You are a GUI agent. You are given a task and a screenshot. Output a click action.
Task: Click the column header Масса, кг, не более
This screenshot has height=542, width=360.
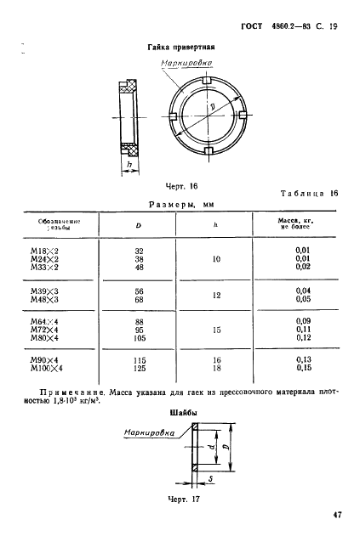(x=296, y=224)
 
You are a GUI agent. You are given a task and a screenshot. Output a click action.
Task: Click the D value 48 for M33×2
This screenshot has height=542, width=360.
(x=139, y=267)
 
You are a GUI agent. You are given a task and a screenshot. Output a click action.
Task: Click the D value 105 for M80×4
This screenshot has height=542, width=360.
(x=140, y=339)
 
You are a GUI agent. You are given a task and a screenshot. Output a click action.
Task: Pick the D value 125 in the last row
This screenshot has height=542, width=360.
(x=140, y=368)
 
